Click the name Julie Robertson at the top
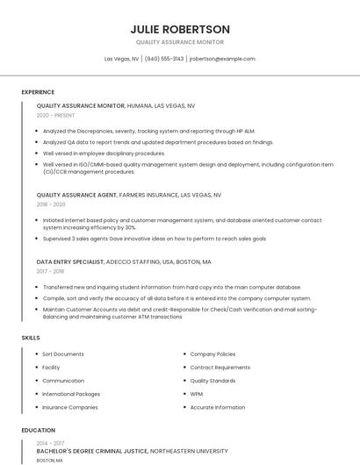click(180, 29)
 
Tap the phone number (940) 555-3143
click(164, 59)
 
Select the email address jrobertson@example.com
click(222, 59)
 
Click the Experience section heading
click(38, 92)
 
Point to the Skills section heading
click(31, 337)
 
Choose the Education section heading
click(38, 430)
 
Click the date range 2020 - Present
click(56, 115)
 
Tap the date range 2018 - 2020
click(51, 204)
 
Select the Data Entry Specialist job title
click(74, 261)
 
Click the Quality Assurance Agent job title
click(77, 195)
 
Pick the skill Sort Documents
click(63, 354)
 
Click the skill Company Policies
click(212, 354)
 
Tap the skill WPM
click(197, 394)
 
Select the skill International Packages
click(71, 394)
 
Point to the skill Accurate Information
click(218, 407)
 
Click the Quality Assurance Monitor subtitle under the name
click(180, 42)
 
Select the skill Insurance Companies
click(70, 407)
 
